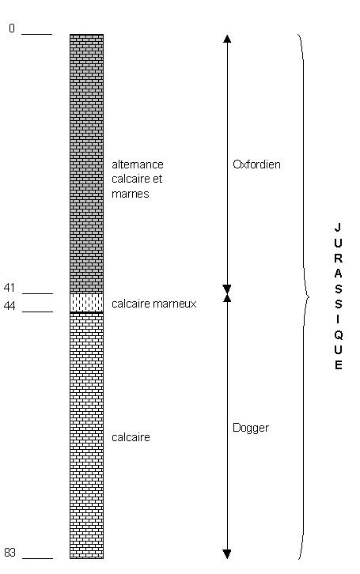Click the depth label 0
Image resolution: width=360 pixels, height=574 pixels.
pos(12,28)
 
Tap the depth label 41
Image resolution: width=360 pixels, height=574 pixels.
pos(9,288)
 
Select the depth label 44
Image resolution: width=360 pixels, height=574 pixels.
pos(9,306)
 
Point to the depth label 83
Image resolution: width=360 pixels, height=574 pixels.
pos(9,552)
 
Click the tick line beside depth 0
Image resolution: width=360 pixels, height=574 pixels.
pos(37,35)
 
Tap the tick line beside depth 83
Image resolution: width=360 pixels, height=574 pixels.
pos(37,559)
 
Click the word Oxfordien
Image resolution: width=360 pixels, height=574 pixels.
pos(256,164)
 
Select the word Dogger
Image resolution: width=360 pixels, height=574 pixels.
pos(251,429)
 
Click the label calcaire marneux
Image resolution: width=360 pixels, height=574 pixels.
pos(154,304)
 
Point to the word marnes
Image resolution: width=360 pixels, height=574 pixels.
pos(131,194)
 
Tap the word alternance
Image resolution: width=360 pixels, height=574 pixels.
pos(138,164)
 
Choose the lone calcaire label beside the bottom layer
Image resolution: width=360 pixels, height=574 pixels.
pos(131,437)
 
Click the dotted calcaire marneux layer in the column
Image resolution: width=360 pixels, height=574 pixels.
pos(87,303)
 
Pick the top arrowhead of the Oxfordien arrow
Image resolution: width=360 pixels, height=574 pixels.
pos(227,39)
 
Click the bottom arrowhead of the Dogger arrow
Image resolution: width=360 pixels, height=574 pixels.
pos(227,554)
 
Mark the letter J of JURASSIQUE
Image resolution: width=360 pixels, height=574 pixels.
pos(338,228)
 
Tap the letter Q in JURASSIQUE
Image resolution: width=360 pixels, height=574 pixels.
pos(338,335)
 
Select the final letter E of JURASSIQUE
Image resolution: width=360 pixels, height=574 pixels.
pos(338,365)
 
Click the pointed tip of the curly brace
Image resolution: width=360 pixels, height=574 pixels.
pos(309,296)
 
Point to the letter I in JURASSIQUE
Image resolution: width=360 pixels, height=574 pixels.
pos(338,319)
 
